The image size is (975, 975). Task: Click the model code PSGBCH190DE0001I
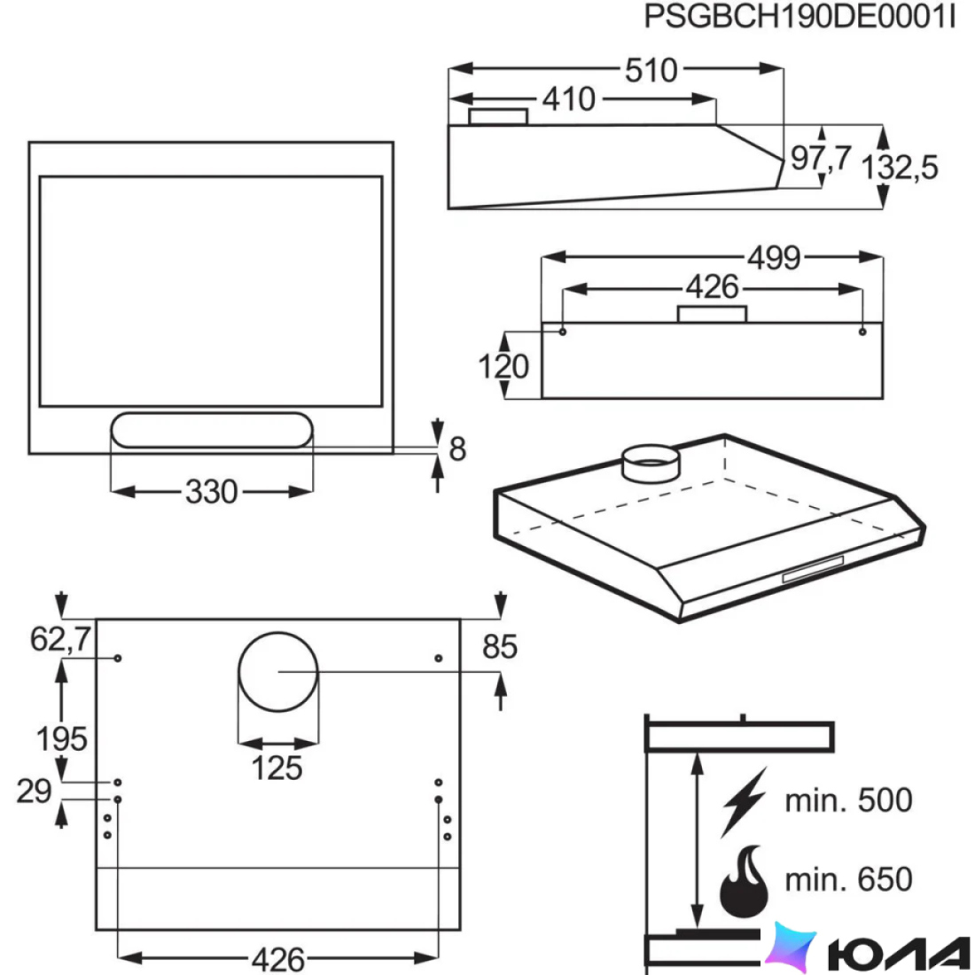[x=799, y=17]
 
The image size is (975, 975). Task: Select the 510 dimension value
[x=651, y=70]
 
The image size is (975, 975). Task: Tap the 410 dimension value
[x=568, y=99]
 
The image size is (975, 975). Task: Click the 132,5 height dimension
[x=899, y=167]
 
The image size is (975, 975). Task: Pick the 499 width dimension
[x=774, y=257]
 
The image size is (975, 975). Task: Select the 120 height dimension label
[x=503, y=366]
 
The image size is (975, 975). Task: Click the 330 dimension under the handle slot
[x=212, y=492]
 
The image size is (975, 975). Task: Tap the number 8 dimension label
[x=457, y=449]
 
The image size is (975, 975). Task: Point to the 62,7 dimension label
[x=60, y=638]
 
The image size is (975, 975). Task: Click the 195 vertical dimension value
[x=61, y=738]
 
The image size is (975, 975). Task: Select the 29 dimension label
[x=35, y=791]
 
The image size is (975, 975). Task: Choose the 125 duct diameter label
[x=277, y=768]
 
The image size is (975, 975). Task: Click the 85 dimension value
[x=500, y=647]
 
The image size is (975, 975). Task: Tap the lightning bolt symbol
[x=744, y=802]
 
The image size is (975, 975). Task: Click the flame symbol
[x=744, y=881]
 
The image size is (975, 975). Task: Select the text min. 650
[x=849, y=879]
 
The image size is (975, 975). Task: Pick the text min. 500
[x=849, y=799]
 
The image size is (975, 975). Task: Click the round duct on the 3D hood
[x=651, y=464]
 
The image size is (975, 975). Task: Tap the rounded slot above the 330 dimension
[x=212, y=430]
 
